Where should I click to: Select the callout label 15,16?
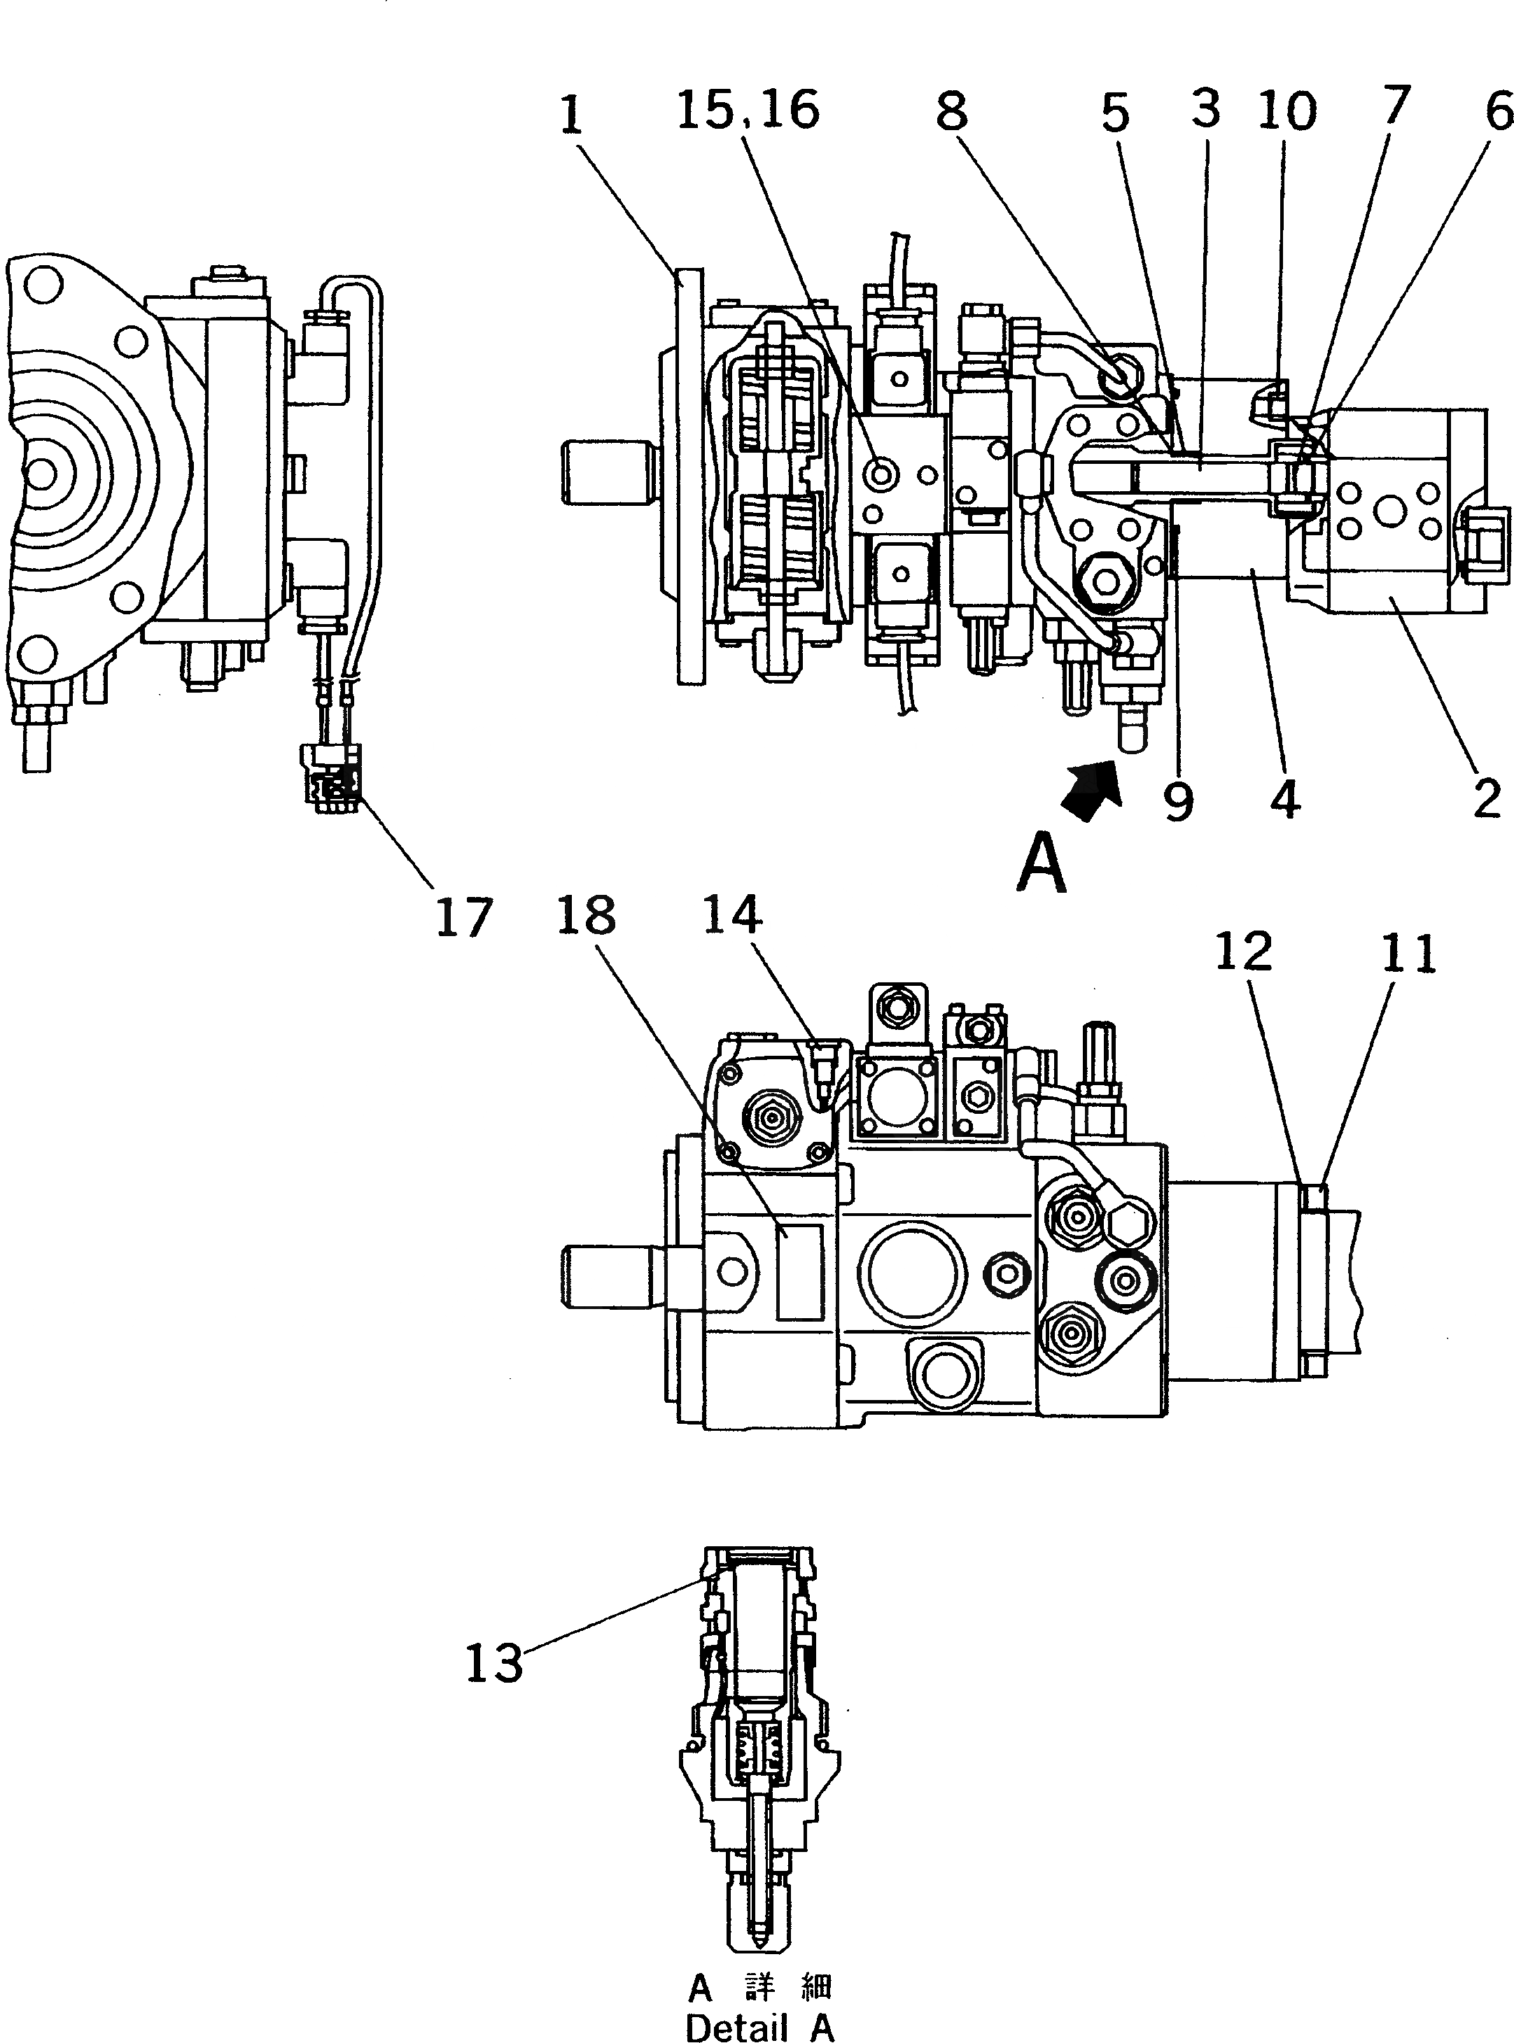click(748, 110)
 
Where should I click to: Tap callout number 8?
click(951, 112)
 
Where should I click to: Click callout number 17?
click(464, 917)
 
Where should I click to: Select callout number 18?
click(587, 915)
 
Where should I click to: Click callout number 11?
click(1408, 953)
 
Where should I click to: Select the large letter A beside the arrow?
click(1042, 862)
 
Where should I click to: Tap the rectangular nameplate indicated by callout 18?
click(799, 1271)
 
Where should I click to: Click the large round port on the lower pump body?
click(912, 1275)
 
